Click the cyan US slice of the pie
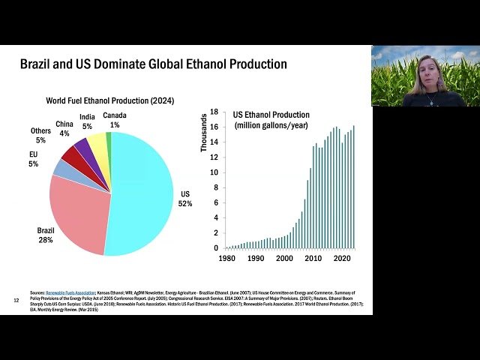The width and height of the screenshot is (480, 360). click(x=142, y=191)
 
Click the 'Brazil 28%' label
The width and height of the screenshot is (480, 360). click(x=46, y=235)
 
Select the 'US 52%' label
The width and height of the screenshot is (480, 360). click(x=185, y=198)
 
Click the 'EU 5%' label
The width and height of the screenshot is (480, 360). click(x=33, y=158)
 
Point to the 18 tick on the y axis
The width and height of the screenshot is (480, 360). click(x=213, y=112)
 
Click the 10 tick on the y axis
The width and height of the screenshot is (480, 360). click(x=213, y=172)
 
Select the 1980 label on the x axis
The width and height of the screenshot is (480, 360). click(x=226, y=259)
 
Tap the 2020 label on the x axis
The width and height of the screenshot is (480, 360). click(x=343, y=259)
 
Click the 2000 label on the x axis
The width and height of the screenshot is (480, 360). click(x=284, y=259)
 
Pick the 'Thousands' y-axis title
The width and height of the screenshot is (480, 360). click(x=203, y=133)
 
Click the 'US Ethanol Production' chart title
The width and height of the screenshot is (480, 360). click(x=271, y=115)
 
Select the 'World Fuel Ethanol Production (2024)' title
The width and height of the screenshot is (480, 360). click(x=109, y=100)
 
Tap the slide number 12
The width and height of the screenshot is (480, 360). click(x=16, y=301)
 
